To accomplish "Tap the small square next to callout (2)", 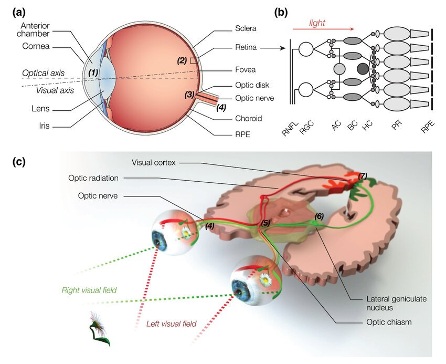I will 194,61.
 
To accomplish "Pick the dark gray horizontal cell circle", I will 363,68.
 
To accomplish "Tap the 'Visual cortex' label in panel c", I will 155,162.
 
